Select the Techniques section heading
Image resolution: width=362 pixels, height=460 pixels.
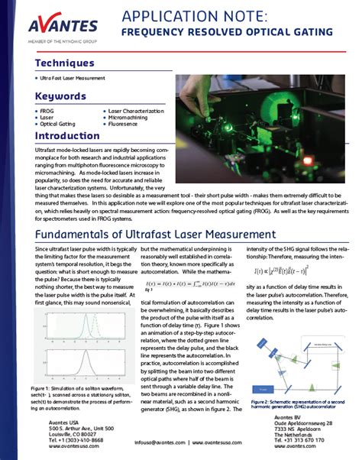[65, 63]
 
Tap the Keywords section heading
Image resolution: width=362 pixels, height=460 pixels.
[62, 96]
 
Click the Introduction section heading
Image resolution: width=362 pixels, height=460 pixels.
[67, 135]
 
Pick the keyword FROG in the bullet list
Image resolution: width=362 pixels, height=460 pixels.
[47, 110]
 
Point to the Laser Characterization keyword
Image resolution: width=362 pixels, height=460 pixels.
[138, 110]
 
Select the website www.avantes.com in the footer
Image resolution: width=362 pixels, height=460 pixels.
[217, 442]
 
